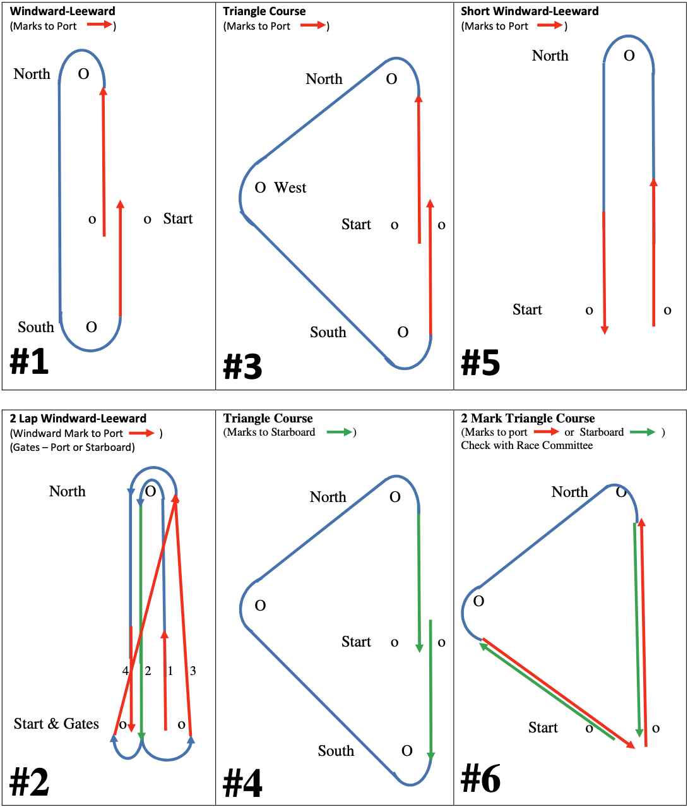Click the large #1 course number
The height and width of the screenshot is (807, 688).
pyautogui.click(x=29, y=362)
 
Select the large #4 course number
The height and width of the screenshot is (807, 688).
pyautogui.click(x=242, y=784)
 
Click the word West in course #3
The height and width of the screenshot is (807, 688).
pyautogui.click(x=290, y=188)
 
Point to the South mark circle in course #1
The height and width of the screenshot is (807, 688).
pyautogui.click(x=92, y=327)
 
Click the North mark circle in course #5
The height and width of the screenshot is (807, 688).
pyautogui.click(x=629, y=56)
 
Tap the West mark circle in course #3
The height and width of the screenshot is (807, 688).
pyautogui.click(x=260, y=188)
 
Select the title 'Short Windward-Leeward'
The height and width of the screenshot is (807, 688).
pyautogui.click(x=530, y=11)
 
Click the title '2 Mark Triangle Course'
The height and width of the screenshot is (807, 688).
pyautogui.click(x=528, y=419)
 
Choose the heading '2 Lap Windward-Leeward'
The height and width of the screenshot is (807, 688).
pyautogui.click(x=78, y=419)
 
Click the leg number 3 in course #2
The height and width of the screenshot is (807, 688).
pyautogui.click(x=193, y=671)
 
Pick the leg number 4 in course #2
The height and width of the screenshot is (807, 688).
pyautogui.click(x=126, y=671)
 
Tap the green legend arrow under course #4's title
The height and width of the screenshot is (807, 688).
pyautogui.click(x=340, y=433)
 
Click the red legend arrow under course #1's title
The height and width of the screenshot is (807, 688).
pyautogui.click(x=99, y=25)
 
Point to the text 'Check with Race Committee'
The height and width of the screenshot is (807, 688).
pyautogui.click(x=526, y=445)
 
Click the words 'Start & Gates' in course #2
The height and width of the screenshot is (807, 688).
pyautogui.click(x=56, y=724)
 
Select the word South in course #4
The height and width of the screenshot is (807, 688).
pyautogui.click(x=336, y=751)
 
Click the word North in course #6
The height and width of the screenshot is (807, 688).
pyautogui.click(x=569, y=492)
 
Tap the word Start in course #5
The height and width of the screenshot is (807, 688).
pyautogui.click(x=527, y=309)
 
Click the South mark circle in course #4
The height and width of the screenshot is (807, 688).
pyautogui.click(x=407, y=751)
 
